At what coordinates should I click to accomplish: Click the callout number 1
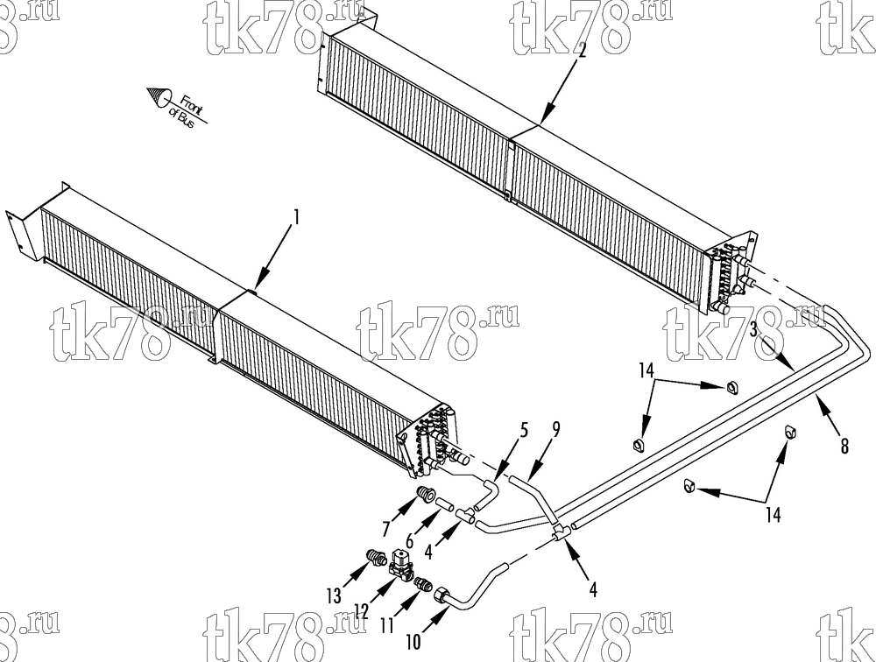(x=297, y=217)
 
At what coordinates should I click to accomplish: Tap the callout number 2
(x=582, y=52)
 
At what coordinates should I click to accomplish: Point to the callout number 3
(x=753, y=330)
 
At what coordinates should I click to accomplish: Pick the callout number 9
(x=555, y=429)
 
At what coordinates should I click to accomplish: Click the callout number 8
(x=844, y=446)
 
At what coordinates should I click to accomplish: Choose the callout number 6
(x=410, y=541)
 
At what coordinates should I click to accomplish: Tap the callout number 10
(x=413, y=643)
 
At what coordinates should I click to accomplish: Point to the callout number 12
(x=362, y=611)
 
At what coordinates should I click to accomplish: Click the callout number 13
(x=334, y=596)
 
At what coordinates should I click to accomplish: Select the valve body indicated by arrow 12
(x=400, y=563)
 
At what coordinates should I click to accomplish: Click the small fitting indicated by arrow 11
(x=423, y=584)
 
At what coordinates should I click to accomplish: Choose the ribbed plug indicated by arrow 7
(x=427, y=495)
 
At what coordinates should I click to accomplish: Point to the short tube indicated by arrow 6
(x=445, y=504)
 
